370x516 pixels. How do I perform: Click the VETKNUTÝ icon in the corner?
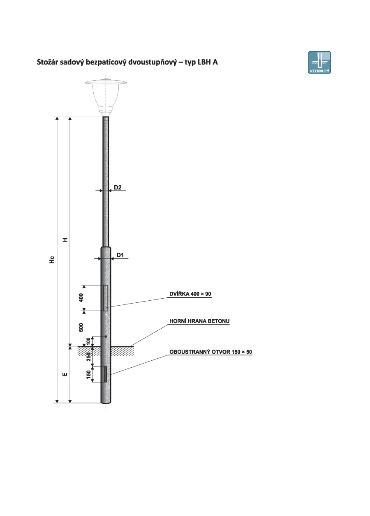(x=319, y=62)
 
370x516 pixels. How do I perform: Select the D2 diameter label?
(x=118, y=187)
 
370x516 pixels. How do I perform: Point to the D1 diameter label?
(x=120, y=255)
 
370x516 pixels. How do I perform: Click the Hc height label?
(x=52, y=260)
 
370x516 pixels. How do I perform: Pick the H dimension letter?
(x=65, y=240)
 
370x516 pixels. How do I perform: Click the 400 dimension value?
(x=81, y=297)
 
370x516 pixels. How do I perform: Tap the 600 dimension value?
(x=81, y=327)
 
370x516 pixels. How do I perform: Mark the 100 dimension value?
(x=88, y=341)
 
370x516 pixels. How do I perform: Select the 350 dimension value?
(x=88, y=357)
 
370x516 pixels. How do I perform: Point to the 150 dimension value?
(x=88, y=374)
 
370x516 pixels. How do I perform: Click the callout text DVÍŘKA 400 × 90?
(x=190, y=294)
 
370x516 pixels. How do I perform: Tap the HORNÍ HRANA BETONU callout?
(x=199, y=321)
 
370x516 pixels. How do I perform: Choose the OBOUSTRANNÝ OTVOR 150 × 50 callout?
(x=211, y=352)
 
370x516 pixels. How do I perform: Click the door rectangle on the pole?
(x=106, y=298)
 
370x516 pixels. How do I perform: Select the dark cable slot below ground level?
(x=106, y=374)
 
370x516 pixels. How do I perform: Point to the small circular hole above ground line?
(x=106, y=336)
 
